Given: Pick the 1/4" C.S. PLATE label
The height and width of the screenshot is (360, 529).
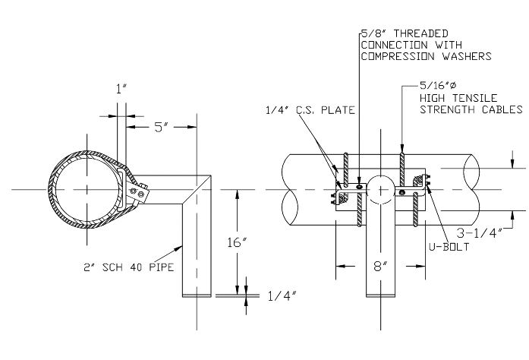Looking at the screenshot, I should click(x=300, y=111).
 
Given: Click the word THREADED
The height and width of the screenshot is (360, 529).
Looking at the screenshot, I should click(x=419, y=33).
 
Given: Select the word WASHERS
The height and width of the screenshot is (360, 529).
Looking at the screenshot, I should click(x=471, y=55).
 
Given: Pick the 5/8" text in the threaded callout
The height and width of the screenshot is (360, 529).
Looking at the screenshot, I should click(x=372, y=33).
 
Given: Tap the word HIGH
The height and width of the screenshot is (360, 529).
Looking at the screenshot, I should click(x=433, y=99).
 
